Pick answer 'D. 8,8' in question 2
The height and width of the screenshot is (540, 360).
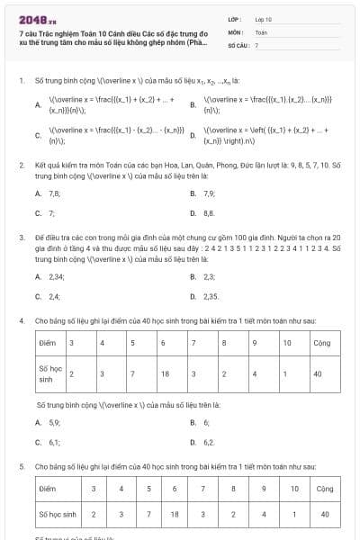[x=210, y=213]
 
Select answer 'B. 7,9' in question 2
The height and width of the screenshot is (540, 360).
[x=210, y=193]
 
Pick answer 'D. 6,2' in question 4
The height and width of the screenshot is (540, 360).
[x=210, y=442]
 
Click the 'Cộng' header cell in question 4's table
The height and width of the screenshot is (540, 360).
[x=320, y=343]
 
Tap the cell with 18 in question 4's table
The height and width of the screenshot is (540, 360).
[x=164, y=373]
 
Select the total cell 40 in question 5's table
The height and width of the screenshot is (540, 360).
[x=325, y=514]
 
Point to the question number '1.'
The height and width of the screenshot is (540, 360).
[x=21, y=81]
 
